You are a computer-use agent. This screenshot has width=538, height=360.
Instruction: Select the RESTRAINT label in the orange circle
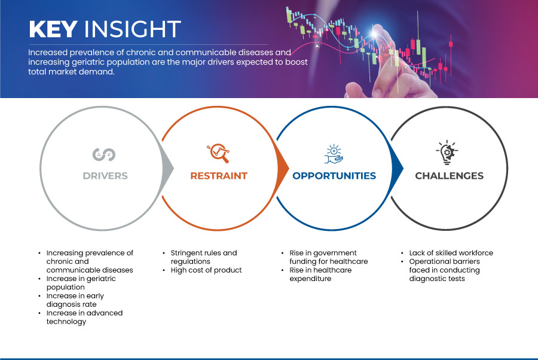pyautogui.click(x=218, y=176)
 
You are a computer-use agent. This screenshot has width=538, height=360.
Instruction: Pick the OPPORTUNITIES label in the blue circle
pyautogui.click(x=334, y=176)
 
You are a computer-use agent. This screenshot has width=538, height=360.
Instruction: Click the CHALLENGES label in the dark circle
pyautogui.click(x=449, y=176)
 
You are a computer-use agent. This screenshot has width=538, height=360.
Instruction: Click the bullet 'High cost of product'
pyautogui.click(x=206, y=270)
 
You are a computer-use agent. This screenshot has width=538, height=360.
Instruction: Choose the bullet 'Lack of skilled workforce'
pyautogui.click(x=451, y=253)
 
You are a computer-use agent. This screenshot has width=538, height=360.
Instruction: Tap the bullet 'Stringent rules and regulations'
pyautogui.click(x=203, y=257)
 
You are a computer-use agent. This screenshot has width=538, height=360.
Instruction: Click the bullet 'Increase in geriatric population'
pyautogui.click(x=81, y=283)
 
